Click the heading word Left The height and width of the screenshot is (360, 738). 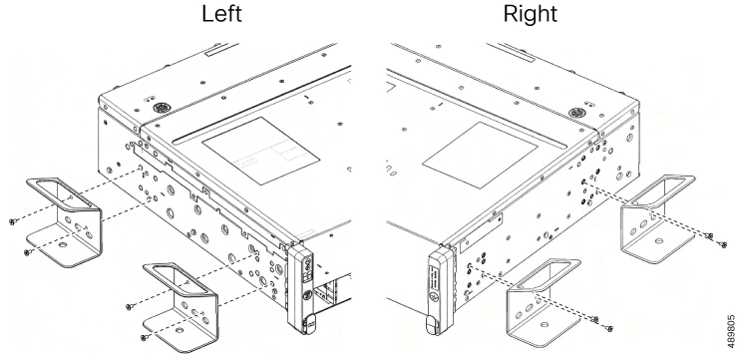221,13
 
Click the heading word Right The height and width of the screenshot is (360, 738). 530,14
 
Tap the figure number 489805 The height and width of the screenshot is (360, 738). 731,331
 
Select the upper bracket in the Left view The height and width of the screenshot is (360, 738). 64,221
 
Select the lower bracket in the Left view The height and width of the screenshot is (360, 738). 181,307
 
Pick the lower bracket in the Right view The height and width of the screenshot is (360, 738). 544,302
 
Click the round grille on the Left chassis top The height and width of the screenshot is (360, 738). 161,108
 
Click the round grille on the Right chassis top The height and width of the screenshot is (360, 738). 576,113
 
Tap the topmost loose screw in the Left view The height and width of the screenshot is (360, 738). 13,221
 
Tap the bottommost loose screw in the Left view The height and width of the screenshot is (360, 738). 145,337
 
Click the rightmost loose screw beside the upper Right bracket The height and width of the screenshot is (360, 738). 723,244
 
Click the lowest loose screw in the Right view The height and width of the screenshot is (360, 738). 608,328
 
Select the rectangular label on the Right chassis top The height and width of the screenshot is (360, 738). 480,156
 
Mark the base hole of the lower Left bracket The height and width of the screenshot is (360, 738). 179,330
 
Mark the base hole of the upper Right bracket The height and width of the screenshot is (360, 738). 659,241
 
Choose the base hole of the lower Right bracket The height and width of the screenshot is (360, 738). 546,325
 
